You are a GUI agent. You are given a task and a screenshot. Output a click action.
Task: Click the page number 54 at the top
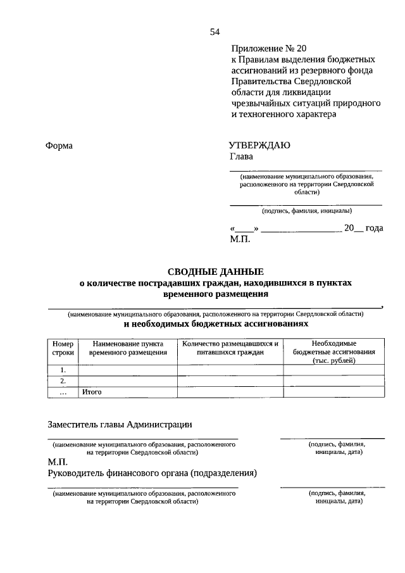pos(215,32)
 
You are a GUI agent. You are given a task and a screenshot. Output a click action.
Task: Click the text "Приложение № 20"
pos(268,48)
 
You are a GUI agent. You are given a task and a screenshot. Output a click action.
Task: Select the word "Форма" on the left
pos(59,146)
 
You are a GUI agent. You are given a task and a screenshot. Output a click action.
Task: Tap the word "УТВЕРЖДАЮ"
pos(259,145)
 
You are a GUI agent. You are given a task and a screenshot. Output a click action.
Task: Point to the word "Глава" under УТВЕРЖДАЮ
pos(240,156)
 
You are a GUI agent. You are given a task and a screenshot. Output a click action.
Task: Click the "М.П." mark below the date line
pos(240,239)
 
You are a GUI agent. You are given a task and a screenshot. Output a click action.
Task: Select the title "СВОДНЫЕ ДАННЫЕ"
pos(215,272)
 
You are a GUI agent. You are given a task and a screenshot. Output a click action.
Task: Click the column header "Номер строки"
pos(63,348)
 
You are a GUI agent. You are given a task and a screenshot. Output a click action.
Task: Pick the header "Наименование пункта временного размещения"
pos(127,348)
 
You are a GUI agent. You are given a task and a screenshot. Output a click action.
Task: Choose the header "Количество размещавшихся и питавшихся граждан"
pos(230,348)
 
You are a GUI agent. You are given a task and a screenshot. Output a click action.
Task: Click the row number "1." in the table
pos(63,370)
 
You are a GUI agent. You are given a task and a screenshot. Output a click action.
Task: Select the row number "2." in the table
pos(63,381)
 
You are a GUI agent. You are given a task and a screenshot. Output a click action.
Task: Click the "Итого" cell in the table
pos(92,392)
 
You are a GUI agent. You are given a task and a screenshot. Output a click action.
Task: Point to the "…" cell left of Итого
pos(63,392)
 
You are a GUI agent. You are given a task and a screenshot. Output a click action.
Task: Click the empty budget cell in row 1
pos(333,370)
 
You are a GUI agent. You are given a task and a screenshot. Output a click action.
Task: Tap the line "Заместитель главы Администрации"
pos(120,424)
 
